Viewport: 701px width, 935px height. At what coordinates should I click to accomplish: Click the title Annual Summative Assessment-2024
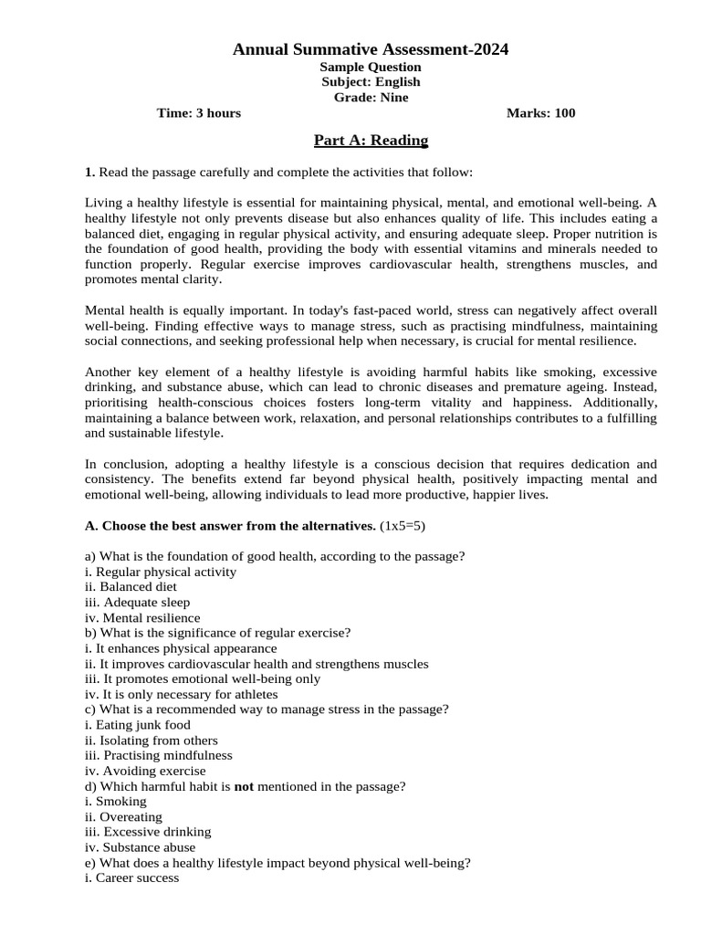[x=371, y=50]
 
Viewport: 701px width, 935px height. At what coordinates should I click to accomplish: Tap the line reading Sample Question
[x=371, y=67]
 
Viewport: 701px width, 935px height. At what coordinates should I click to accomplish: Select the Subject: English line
[x=371, y=82]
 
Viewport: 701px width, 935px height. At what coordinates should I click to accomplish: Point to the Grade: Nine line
[x=371, y=98]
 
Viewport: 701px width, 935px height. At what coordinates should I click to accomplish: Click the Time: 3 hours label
[x=199, y=113]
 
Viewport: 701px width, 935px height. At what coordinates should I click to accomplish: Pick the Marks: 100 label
[x=540, y=113]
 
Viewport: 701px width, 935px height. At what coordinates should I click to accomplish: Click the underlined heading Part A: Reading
[x=371, y=140]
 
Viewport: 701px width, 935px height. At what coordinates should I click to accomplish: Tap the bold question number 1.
[x=89, y=172]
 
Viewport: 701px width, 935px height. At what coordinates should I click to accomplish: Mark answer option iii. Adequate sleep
[x=137, y=603]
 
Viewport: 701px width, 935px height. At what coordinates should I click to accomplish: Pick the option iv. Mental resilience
[x=141, y=618]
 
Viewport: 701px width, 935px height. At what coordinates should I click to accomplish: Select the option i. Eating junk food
[x=137, y=725]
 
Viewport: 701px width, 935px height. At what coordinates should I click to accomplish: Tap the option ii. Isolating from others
[x=151, y=741]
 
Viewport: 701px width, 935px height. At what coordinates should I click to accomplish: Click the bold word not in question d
[x=244, y=786]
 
